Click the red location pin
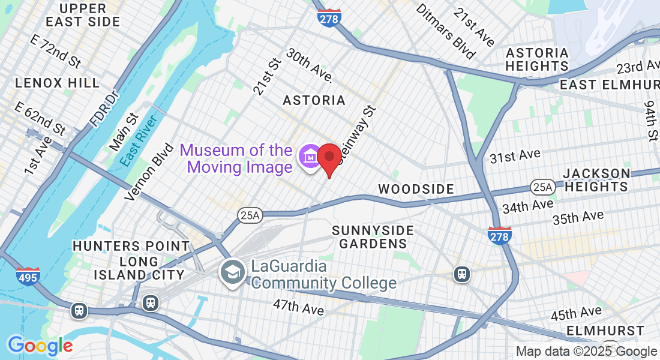coord(329,158)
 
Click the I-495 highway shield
coord(26,276)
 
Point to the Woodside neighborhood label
coord(416,189)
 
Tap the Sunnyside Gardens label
coord(373,237)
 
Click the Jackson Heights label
coord(596,180)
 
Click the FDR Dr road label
coord(102,109)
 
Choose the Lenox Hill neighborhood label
coord(58,83)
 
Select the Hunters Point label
coord(131,246)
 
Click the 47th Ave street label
coord(298,308)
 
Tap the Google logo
coord(40,345)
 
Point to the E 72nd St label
coord(55,52)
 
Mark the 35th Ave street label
coord(578,217)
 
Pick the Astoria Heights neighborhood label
coord(537,59)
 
